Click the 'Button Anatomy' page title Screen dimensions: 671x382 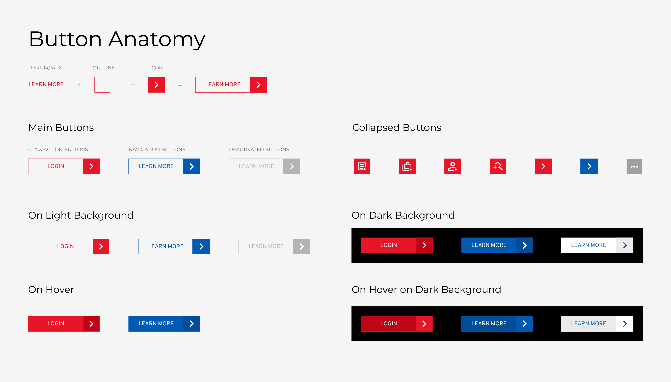point(117,39)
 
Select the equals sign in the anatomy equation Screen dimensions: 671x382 point(180,85)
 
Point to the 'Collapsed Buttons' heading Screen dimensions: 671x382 point(397,128)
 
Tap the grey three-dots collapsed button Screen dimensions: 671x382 point(634,166)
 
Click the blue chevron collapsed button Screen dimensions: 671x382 point(589,166)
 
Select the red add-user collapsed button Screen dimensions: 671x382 point(452,166)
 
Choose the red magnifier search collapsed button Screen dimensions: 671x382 point(498,166)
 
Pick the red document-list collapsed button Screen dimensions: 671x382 point(362,166)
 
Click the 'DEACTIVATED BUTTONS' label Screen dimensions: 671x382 point(259,150)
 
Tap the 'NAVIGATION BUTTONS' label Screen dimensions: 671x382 point(157,150)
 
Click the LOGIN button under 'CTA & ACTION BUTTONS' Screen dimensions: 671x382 point(64,166)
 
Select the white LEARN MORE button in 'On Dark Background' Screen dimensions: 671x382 point(597,245)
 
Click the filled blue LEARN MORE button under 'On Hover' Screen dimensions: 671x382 point(164,324)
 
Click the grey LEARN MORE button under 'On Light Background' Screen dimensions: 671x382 point(274,246)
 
